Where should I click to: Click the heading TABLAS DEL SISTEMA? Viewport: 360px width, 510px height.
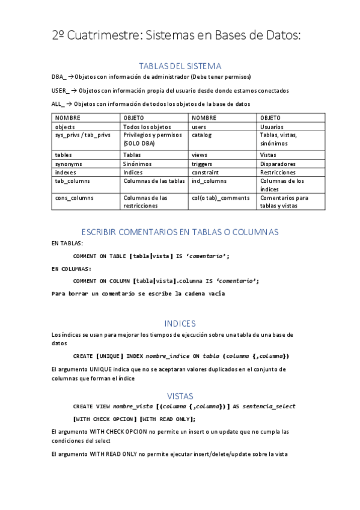point(180,66)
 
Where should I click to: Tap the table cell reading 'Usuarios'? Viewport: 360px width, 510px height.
point(272,127)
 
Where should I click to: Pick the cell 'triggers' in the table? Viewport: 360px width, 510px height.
point(202,164)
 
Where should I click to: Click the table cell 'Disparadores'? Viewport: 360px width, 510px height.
point(278,164)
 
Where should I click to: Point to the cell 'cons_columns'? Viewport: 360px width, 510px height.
point(74,198)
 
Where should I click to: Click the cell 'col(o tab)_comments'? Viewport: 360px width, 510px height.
point(220,198)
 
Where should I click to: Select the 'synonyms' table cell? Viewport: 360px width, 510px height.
point(69,164)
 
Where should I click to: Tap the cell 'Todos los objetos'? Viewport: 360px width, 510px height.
point(147,127)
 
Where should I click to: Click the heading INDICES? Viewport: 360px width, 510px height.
point(180,324)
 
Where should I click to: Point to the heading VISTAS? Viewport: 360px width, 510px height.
point(180,396)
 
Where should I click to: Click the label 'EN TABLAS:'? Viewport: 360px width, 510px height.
point(67,244)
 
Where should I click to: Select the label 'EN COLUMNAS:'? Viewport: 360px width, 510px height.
point(72,269)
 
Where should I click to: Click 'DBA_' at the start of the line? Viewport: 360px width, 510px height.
point(59,77)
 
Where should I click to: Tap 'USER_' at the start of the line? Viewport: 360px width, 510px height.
point(61,90)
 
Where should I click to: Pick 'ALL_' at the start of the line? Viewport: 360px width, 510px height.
point(58,103)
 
